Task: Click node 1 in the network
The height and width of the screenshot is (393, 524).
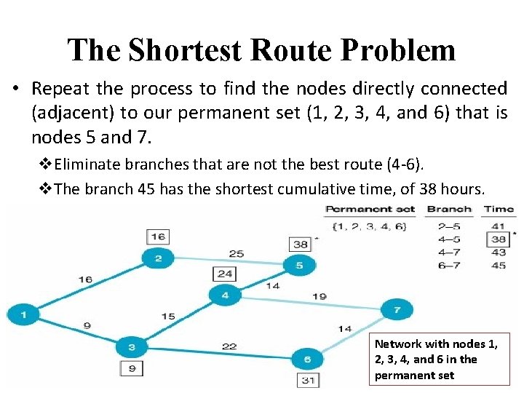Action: (x=25, y=315)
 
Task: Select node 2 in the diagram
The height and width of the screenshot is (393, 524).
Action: (x=159, y=258)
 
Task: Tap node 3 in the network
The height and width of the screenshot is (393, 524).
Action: (x=132, y=347)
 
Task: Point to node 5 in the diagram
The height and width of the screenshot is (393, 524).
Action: (x=298, y=266)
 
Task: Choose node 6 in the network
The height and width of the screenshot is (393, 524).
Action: (x=308, y=359)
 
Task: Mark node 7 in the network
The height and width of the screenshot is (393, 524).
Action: (x=397, y=310)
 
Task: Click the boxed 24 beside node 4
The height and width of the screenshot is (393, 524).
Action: (x=224, y=274)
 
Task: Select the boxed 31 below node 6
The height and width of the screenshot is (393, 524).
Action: (x=309, y=379)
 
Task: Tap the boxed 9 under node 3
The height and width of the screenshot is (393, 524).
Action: (x=132, y=368)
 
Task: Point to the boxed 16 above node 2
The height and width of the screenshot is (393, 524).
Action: (x=159, y=237)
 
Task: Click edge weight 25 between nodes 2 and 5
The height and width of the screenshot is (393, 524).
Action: (x=236, y=254)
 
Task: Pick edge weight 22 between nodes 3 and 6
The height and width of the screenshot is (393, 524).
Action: (x=229, y=346)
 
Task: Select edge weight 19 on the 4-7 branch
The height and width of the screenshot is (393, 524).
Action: (x=319, y=296)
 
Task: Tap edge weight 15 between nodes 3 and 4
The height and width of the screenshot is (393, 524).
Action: (x=167, y=316)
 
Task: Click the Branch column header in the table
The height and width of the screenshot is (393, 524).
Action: (x=449, y=209)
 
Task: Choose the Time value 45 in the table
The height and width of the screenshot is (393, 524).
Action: (x=499, y=265)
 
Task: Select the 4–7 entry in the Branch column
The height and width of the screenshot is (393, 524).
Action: (x=449, y=252)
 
